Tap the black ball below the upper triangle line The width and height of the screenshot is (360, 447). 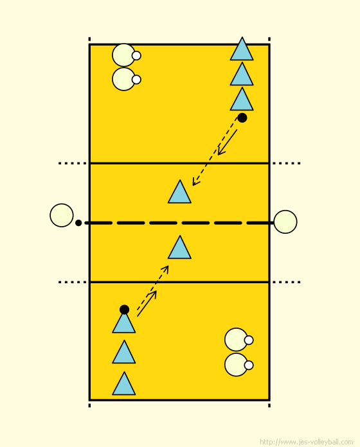[x=242, y=118]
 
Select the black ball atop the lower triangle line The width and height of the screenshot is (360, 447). [x=124, y=310]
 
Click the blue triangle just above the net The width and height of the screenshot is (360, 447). [x=179, y=191]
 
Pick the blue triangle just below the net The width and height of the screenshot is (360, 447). [x=179, y=247]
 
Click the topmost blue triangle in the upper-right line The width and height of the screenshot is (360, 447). [x=242, y=48]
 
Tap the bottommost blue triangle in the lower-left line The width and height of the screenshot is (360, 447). [x=124, y=383]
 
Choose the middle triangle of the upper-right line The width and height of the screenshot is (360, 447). [x=242, y=74]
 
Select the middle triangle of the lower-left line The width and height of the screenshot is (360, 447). [x=124, y=351]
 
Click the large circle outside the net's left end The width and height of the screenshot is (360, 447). [x=62, y=215]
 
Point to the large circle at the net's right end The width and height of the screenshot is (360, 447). [x=285, y=222]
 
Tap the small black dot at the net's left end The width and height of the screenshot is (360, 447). [x=78, y=223]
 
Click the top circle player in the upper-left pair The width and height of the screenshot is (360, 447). [x=124, y=55]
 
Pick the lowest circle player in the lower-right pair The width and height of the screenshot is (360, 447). [x=236, y=365]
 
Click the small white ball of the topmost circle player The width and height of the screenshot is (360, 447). [x=136, y=56]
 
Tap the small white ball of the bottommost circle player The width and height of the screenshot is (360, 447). [x=249, y=365]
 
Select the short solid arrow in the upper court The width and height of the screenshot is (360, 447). [x=228, y=143]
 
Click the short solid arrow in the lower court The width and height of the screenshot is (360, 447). [x=147, y=303]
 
